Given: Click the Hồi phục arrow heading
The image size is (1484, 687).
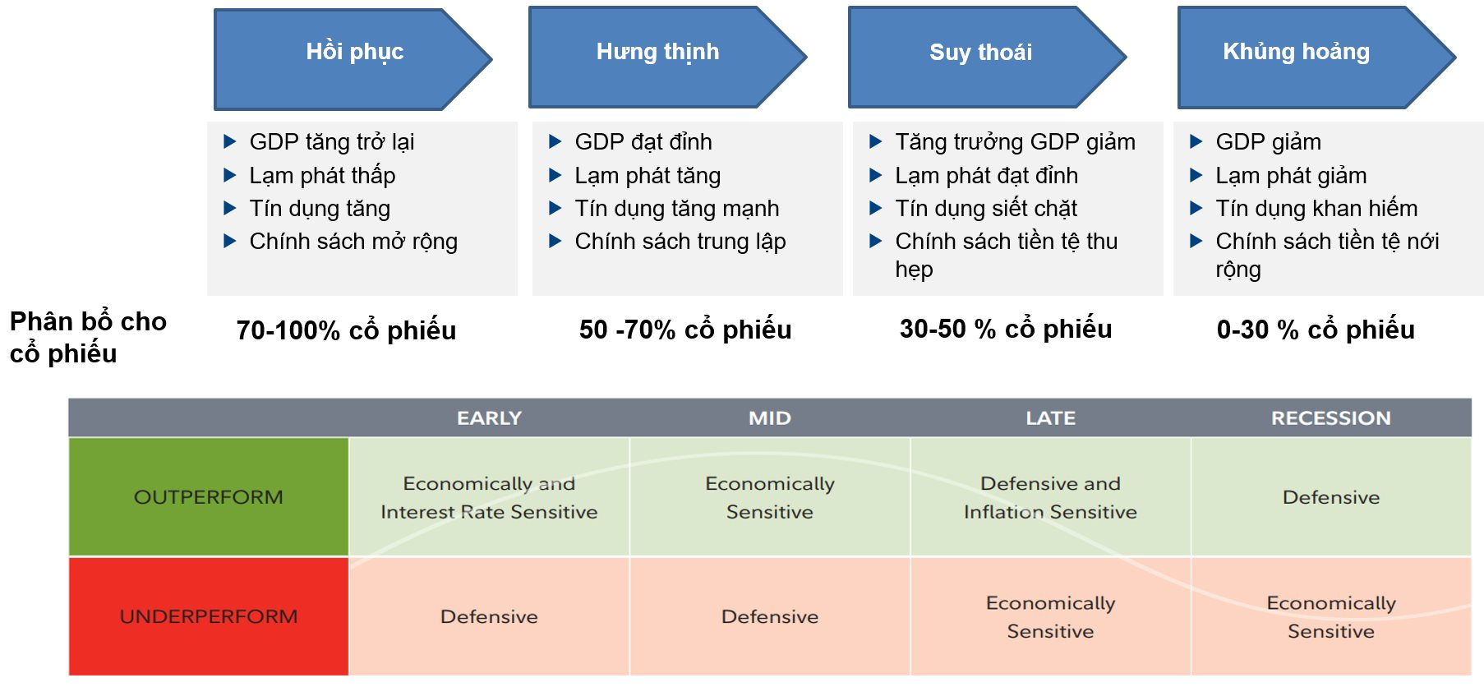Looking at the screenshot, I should click(x=354, y=52).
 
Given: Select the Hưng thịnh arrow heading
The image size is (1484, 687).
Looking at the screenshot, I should click(x=657, y=52).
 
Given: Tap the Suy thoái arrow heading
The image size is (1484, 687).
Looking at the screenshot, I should click(x=980, y=53).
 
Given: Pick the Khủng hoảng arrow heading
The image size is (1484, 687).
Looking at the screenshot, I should click(x=1296, y=52).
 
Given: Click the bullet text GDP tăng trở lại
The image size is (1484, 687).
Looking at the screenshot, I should click(x=331, y=142).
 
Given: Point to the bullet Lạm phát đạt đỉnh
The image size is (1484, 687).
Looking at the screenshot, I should click(x=986, y=176).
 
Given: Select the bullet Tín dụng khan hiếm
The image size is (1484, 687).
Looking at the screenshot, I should click(x=1316, y=209).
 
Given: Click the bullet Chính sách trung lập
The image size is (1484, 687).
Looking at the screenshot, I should click(x=680, y=242).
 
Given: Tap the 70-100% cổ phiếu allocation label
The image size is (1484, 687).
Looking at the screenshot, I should click(x=346, y=330).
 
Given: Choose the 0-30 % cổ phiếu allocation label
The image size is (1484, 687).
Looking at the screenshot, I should click(x=1316, y=330).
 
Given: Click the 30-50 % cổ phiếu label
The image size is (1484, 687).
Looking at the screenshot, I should click(x=1006, y=329).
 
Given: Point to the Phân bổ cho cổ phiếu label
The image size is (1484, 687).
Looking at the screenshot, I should click(x=87, y=337).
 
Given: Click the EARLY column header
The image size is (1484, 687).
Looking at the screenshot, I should click(x=489, y=418).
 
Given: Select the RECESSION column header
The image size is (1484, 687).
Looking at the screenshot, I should click(x=1330, y=418).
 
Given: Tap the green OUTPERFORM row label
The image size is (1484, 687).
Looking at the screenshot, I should click(x=209, y=497).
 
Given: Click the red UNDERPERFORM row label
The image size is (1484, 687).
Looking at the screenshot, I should click(x=209, y=616).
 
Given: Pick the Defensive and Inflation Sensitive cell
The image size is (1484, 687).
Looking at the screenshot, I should click(x=1050, y=497).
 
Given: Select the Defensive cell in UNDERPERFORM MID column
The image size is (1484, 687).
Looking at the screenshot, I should click(x=770, y=616).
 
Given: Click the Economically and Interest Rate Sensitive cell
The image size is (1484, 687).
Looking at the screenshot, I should click(x=489, y=497).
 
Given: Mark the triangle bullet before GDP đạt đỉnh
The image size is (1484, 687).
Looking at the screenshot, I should click(x=555, y=142).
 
